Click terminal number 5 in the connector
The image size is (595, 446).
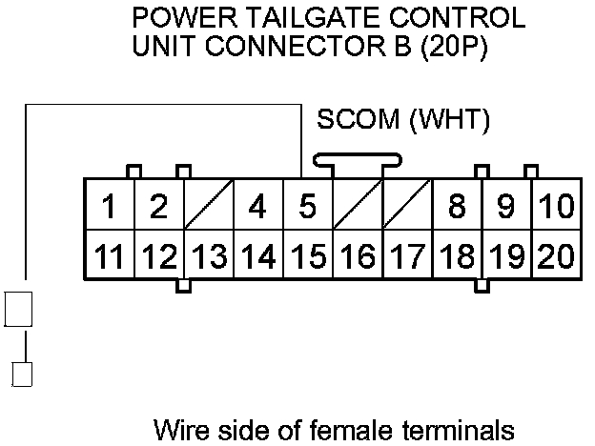click(x=307, y=205)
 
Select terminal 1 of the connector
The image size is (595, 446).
click(x=110, y=205)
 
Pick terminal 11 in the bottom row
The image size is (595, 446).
click(x=110, y=255)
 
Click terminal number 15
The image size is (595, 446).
click(x=307, y=255)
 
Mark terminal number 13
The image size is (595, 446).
click(x=209, y=255)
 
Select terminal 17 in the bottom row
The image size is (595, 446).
click(x=406, y=255)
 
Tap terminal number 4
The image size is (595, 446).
click(x=257, y=205)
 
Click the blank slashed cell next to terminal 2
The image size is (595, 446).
click(x=209, y=205)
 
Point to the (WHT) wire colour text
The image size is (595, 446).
click(x=448, y=121)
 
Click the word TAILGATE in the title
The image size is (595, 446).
click(x=304, y=18)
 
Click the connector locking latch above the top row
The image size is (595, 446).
click(x=357, y=165)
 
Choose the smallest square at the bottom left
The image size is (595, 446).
click(x=21, y=373)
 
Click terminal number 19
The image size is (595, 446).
click(x=505, y=255)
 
